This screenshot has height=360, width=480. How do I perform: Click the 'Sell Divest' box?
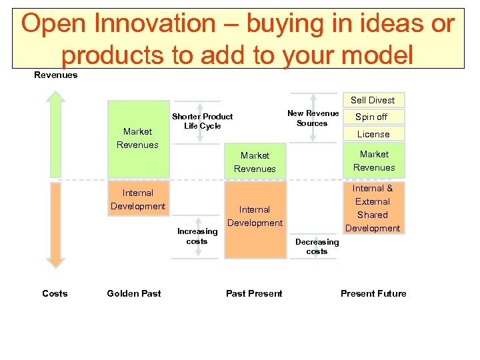(x=373, y=100)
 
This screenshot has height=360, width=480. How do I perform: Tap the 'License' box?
(x=373, y=134)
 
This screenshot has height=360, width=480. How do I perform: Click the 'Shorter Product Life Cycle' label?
(x=202, y=121)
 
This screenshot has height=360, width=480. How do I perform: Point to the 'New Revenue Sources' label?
(x=313, y=118)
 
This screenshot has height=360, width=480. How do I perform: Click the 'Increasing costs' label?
(x=197, y=236)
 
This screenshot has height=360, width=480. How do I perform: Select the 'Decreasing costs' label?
(x=317, y=247)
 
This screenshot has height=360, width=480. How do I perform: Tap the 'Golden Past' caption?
(x=133, y=293)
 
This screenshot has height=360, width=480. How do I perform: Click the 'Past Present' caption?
(x=254, y=293)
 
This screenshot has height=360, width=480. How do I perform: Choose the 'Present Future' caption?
(x=373, y=293)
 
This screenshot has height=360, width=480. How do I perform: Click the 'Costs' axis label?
(x=55, y=293)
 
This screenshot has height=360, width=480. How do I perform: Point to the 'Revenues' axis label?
(x=55, y=75)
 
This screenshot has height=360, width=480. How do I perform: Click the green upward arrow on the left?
(x=56, y=133)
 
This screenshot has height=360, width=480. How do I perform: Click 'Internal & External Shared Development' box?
(x=373, y=208)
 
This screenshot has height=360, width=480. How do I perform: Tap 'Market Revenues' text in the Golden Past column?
(x=137, y=138)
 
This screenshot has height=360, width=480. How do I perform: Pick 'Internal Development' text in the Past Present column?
(x=255, y=216)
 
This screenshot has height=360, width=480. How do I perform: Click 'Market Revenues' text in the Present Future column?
(x=373, y=161)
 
